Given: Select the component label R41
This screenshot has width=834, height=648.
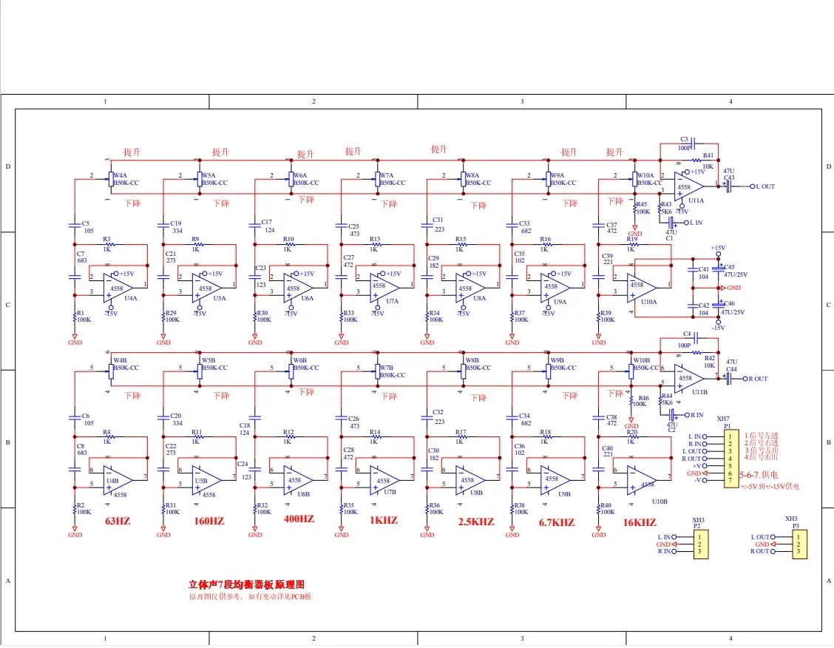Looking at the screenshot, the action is [x=708, y=155].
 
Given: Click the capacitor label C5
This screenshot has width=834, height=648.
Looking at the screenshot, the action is [x=86, y=223].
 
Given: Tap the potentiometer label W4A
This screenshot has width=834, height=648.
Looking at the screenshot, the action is [x=119, y=176].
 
